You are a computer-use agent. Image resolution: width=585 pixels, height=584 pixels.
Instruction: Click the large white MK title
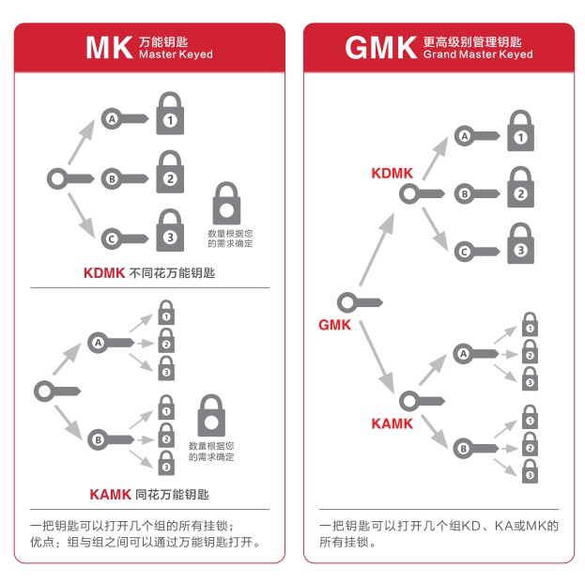tap(108, 48)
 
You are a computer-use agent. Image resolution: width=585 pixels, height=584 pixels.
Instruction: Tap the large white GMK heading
tap(380, 48)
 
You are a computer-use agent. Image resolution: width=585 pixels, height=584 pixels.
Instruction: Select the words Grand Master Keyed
tap(478, 55)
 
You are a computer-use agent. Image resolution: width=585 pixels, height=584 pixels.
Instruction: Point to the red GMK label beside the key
tap(334, 325)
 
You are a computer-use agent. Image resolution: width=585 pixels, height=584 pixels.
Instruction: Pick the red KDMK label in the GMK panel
tap(392, 173)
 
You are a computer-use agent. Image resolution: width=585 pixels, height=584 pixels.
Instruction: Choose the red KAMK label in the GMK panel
tap(392, 423)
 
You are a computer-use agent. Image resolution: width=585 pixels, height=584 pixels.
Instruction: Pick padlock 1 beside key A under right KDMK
tap(520, 131)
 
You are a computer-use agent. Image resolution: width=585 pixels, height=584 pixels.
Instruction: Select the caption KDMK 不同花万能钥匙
tap(149, 273)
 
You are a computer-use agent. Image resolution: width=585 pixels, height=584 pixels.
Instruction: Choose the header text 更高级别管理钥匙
tap(471, 41)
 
